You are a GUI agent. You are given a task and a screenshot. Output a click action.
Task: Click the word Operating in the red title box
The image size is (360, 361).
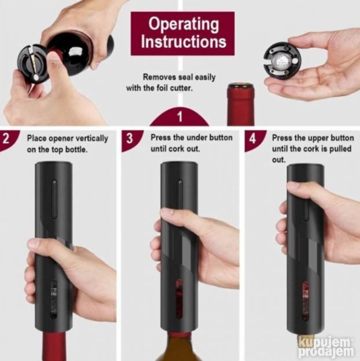tap(183, 25)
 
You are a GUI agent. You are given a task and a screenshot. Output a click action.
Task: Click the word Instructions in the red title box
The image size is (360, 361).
tap(183, 42)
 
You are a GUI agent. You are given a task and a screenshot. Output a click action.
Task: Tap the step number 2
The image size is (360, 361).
tap(7, 139)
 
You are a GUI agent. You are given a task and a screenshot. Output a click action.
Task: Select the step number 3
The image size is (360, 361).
tap(129, 139)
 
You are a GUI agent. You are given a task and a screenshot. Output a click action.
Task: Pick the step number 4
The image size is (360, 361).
tap(252, 139)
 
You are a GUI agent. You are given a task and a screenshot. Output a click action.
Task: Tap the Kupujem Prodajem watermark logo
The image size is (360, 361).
tap(327, 345)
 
